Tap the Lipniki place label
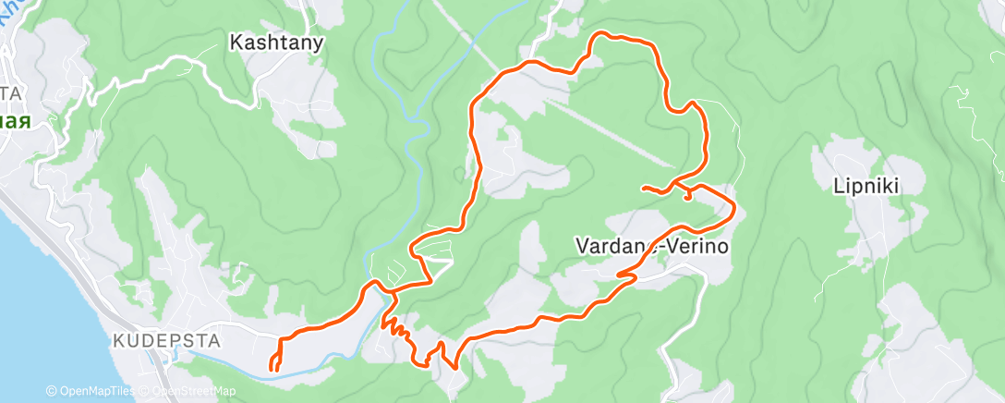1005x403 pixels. click(x=866, y=186)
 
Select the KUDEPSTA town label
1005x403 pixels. click(x=166, y=341)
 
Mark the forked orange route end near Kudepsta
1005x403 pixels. click(x=275, y=366)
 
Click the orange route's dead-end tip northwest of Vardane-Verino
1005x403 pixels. click(x=644, y=188)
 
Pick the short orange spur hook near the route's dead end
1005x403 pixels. click(x=688, y=195)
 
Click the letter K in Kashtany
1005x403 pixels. click(x=235, y=42)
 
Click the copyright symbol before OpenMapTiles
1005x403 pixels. click(x=51, y=392)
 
